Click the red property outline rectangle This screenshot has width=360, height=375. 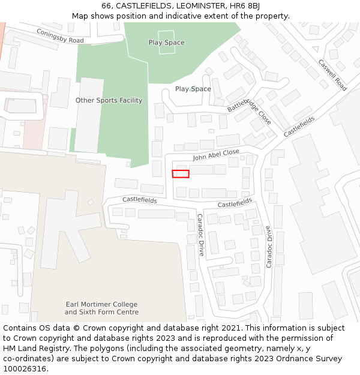pos(181,174)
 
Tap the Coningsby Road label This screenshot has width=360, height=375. pos(60,36)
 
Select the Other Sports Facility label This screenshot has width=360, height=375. pos(109,100)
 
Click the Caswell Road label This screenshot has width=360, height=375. pos(332,75)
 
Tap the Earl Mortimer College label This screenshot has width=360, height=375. pos(101,304)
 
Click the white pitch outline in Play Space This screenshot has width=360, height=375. pos(167,43)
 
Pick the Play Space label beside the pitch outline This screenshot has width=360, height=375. pos(166,43)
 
